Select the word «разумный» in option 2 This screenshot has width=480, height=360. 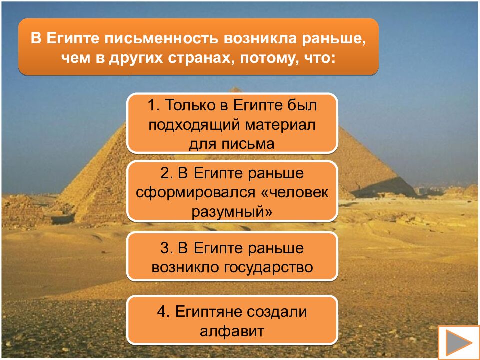(232, 211)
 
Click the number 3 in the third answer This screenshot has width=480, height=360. (166, 248)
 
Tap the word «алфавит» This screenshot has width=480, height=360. (232, 331)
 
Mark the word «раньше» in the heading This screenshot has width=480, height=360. (334, 39)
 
